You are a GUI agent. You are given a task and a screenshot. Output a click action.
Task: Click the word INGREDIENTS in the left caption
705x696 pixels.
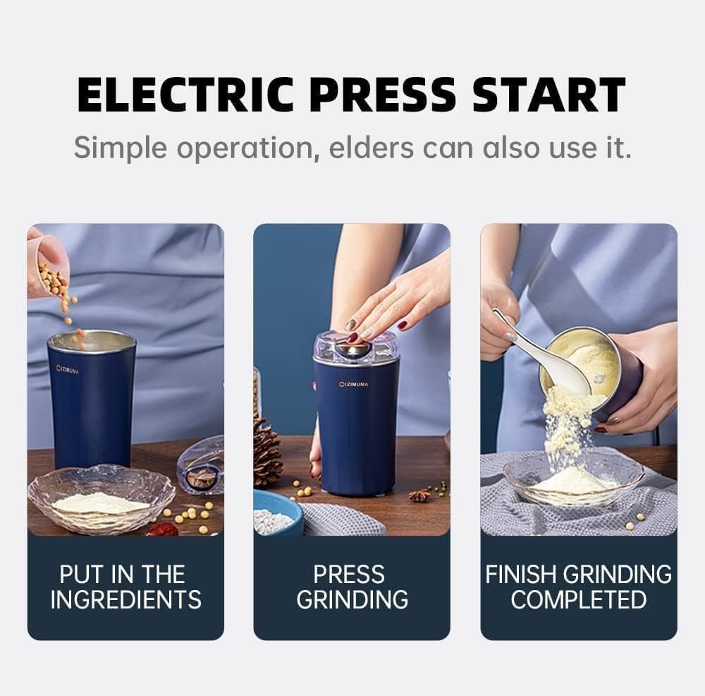(x=125, y=599)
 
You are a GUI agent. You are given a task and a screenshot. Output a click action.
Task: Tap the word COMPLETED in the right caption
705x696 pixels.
(x=578, y=599)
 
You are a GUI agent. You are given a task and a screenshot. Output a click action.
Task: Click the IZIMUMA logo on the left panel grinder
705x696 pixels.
(x=68, y=368)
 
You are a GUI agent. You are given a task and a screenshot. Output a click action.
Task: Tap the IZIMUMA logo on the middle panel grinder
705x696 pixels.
(x=354, y=384)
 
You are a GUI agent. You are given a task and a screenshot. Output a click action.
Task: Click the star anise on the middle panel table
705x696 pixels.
(x=419, y=496)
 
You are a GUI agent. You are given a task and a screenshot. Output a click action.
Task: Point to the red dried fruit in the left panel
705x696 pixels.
(x=162, y=529)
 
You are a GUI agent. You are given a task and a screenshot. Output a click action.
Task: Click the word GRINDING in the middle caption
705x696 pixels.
(x=352, y=599)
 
